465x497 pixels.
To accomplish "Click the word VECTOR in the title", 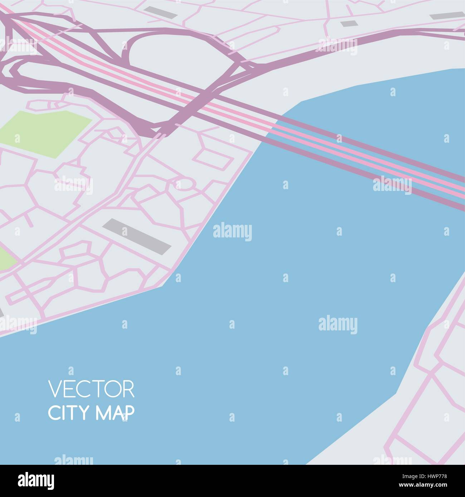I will click(x=91, y=389).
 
